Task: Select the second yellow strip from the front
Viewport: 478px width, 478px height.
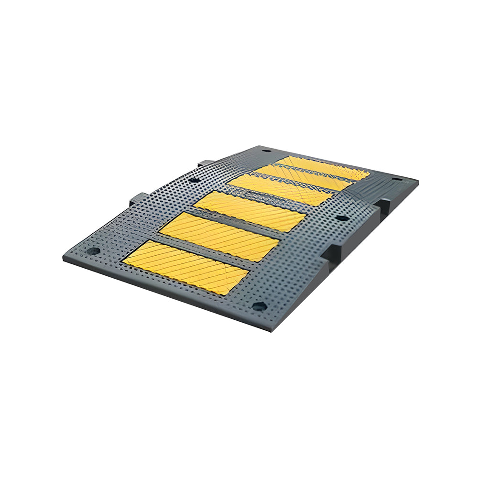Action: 219,236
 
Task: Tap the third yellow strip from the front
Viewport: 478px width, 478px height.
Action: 250,211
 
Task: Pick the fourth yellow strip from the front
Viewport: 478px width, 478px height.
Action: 280,189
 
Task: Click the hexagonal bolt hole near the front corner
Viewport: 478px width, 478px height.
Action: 259,306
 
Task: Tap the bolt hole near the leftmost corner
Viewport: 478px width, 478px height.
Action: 94,250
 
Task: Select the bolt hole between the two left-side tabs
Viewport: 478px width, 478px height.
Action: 194,180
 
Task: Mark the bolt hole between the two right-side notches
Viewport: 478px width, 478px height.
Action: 342,218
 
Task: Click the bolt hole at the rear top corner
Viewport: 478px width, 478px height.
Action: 266,151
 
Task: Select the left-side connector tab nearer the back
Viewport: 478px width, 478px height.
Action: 205,163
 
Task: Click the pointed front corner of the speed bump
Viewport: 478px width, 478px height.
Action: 271,330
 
